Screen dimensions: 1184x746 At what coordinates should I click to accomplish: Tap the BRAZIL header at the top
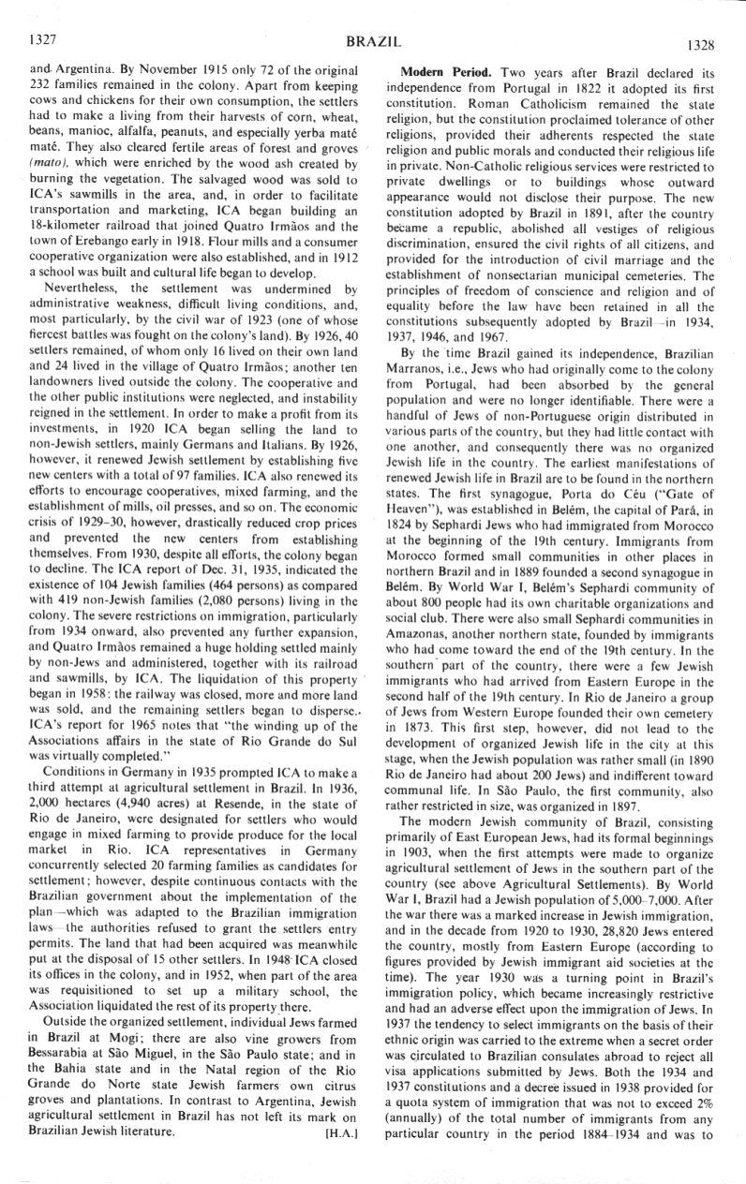(373, 42)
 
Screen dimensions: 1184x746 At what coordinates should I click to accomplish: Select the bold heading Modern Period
(448, 72)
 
